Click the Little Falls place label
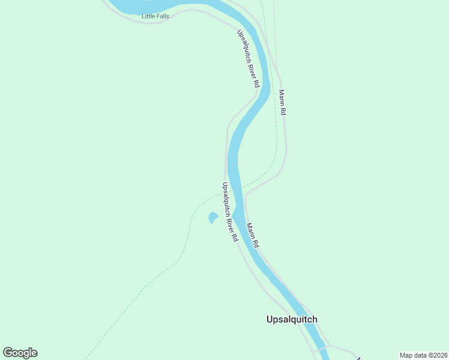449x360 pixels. click(x=155, y=16)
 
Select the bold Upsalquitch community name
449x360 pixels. click(x=292, y=319)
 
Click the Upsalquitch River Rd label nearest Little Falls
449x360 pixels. click(x=248, y=59)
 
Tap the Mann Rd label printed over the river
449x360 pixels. click(x=253, y=235)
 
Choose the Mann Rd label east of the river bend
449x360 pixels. click(x=282, y=103)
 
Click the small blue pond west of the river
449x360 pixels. click(x=213, y=218)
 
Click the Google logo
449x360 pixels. click(x=20, y=353)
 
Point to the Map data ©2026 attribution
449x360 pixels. click(x=423, y=355)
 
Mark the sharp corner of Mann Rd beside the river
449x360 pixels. click(x=246, y=195)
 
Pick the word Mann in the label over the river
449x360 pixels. click(x=250, y=231)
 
